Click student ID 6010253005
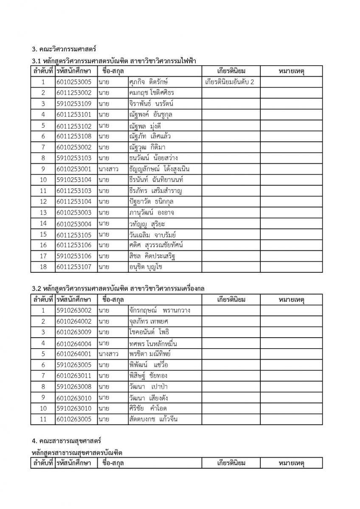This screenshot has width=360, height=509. coord(73,82)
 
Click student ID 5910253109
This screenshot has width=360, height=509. coord(73,103)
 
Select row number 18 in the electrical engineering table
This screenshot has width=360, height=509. coord(43,267)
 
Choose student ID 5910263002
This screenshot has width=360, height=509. coord(73,310)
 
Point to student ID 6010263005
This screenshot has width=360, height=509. coord(73,419)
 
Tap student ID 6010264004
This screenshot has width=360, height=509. coord(73,343)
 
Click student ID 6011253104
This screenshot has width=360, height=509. coord(73,201)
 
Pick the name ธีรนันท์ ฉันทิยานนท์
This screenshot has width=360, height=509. coord(159,180)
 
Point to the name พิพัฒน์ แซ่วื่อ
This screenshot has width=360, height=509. coord(150,365)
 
